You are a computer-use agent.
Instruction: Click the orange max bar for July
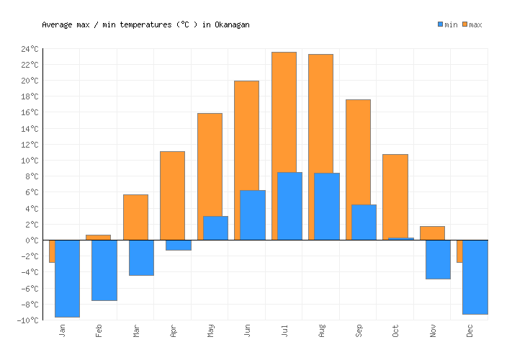click(x=284, y=112)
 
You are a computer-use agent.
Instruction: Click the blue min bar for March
click(x=141, y=257)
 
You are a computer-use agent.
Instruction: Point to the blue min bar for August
click(x=326, y=206)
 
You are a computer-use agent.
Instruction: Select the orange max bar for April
click(x=172, y=195)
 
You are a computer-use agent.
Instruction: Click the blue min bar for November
click(x=438, y=259)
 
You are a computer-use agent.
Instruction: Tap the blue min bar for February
click(x=104, y=270)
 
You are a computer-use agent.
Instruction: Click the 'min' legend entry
click(x=447, y=24)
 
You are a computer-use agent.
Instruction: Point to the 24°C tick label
click(x=30, y=49)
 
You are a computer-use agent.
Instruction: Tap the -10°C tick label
click(x=29, y=320)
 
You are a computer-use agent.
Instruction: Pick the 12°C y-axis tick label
click(x=30, y=145)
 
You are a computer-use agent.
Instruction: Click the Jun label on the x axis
click(x=247, y=330)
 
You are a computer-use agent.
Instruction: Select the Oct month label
click(x=395, y=330)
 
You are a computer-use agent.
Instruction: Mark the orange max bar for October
click(x=395, y=195)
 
